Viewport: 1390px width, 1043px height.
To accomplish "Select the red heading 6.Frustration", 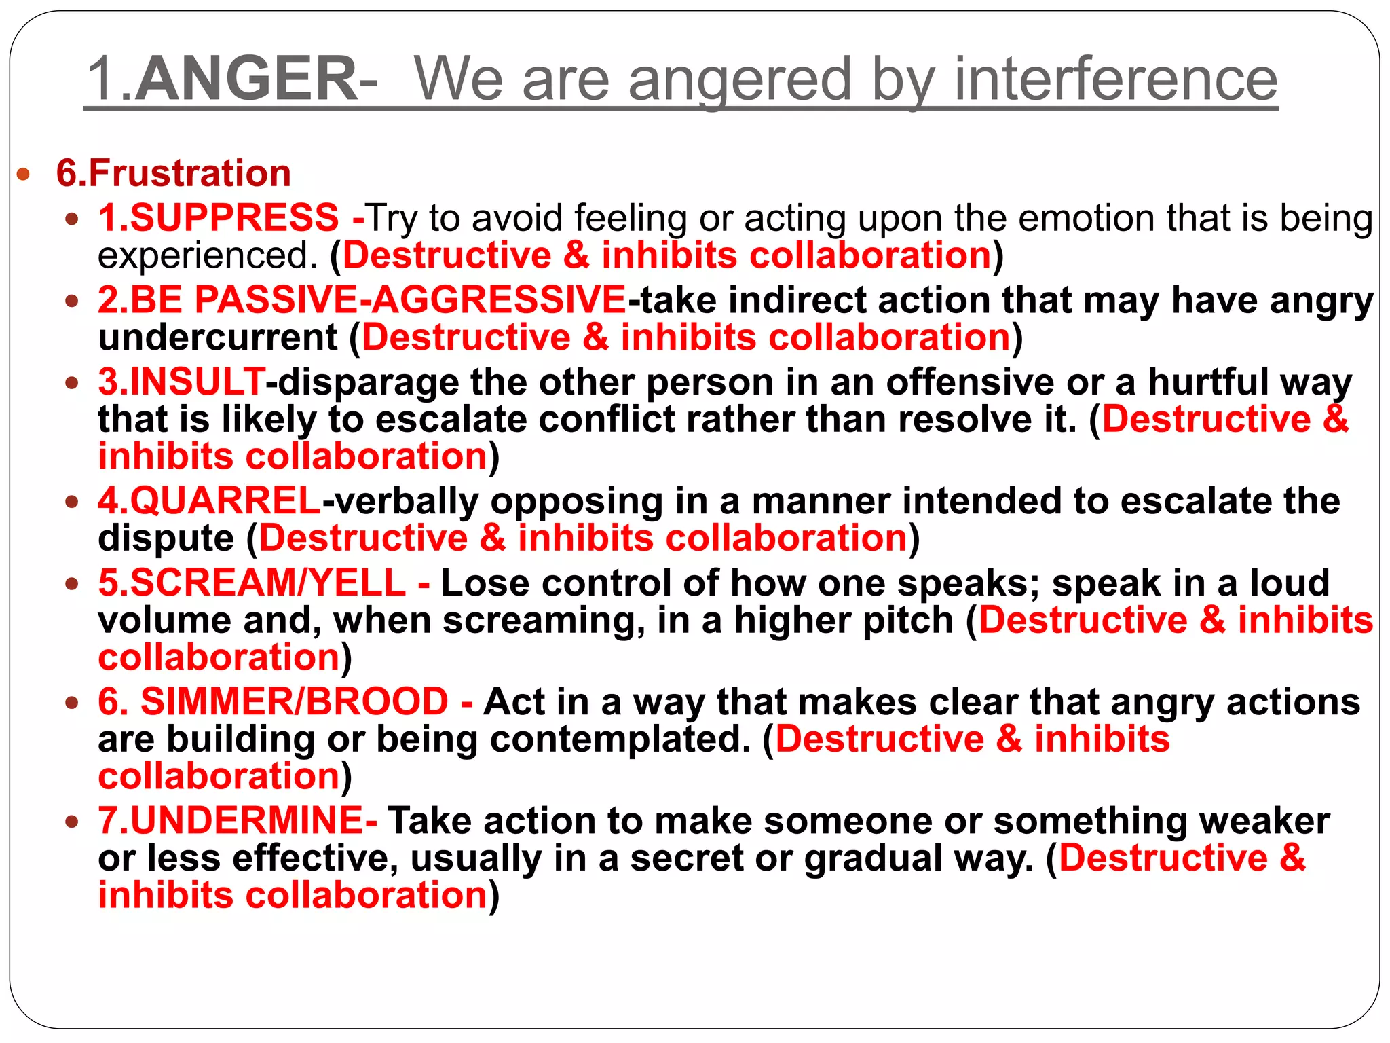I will click(174, 173).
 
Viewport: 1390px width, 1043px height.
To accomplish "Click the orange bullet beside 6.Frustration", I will click(24, 175).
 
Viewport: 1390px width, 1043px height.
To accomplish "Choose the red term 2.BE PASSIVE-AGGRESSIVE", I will click(362, 299).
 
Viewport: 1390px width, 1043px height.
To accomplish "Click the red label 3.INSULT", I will click(181, 382).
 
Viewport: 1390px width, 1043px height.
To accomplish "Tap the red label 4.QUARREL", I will click(209, 501).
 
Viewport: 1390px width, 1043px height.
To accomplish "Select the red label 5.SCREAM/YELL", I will click(252, 583).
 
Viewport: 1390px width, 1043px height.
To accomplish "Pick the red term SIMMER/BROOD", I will click(294, 701).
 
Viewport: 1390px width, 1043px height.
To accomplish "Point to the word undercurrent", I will click(218, 337).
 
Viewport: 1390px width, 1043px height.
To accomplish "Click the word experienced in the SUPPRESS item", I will click(208, 256).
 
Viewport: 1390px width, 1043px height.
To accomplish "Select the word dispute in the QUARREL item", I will click(166, 538).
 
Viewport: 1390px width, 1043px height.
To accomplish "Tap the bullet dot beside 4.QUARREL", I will click(73, 503).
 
